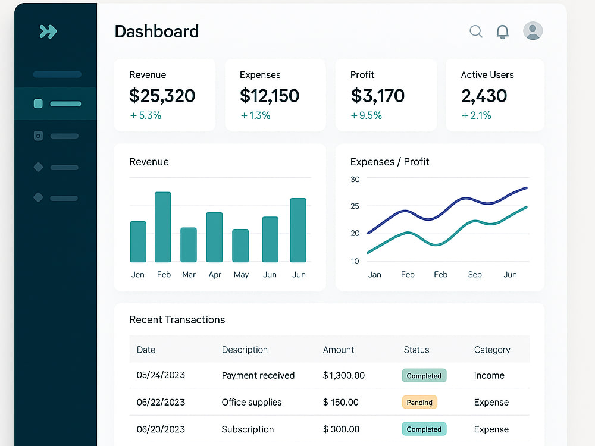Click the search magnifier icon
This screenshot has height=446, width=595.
[476, 32]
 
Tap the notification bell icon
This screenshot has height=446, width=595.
[503, 32]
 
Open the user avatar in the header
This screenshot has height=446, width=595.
[533, 31]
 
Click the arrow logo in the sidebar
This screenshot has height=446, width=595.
[48, 32]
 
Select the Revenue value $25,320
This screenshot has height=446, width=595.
[162, 96]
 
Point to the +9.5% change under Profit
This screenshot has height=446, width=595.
[366, 115]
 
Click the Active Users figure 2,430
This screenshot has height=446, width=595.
[484, 96]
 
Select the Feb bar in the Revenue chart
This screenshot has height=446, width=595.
[163, 227]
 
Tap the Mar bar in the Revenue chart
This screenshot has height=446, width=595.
[189, 244]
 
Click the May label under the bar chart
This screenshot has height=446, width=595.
[242, 275]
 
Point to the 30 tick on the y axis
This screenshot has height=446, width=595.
[355, 180]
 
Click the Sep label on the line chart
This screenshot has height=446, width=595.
[475, 275]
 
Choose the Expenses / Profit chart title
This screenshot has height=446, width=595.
[390, 162]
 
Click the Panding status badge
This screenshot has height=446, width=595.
[419, 403]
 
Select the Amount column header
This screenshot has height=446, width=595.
[339, 350]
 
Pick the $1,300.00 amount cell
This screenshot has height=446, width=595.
[344, 375]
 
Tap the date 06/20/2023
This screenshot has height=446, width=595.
[161, 429]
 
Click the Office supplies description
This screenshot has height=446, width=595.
[252, 403]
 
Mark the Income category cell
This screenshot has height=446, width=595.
[489, 375]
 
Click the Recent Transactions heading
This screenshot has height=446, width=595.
[177, 320]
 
